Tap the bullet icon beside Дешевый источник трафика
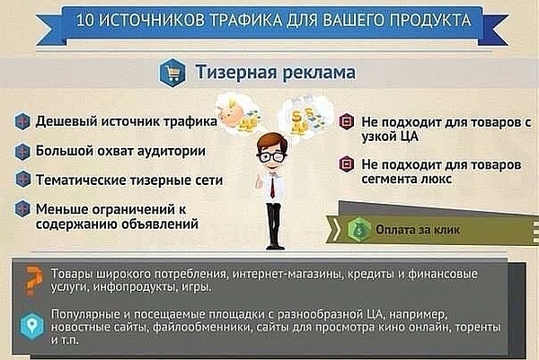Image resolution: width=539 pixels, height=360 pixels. point(21,121)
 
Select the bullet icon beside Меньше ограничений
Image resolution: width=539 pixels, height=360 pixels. point(21,209)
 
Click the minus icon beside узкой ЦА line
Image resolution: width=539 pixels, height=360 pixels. point(346,120)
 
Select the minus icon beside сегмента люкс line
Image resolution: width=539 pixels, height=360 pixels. point(346,164)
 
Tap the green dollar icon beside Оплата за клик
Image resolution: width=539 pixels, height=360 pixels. point(358,229)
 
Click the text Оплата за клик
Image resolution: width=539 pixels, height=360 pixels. point(418,230)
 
